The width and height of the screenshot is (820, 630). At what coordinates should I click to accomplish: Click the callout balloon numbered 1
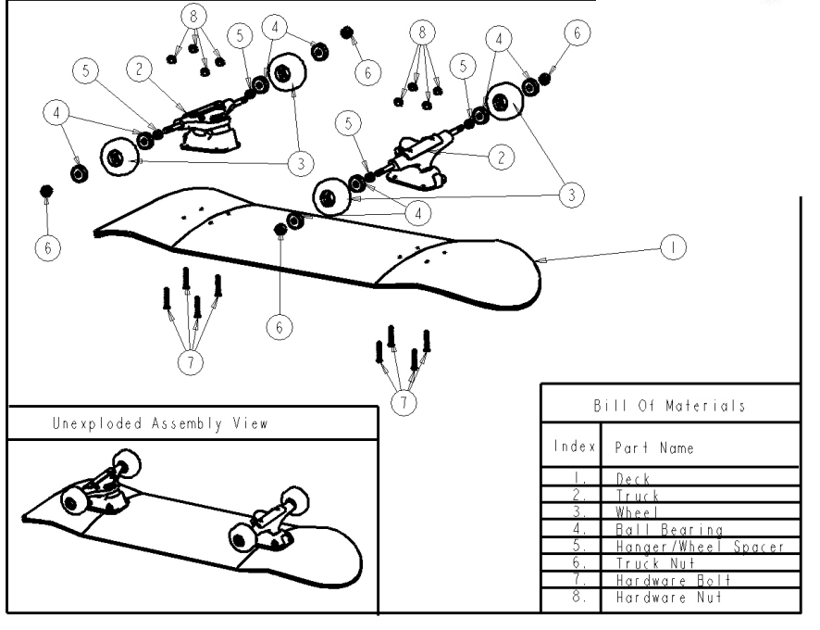point(673,246)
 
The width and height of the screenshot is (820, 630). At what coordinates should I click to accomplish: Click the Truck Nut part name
point(654,562)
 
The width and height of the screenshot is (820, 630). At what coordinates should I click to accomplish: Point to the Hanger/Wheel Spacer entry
point(700,546)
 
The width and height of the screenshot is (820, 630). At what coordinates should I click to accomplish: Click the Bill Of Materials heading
point(670,406)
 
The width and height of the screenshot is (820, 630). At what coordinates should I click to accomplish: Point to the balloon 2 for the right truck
point(501,157)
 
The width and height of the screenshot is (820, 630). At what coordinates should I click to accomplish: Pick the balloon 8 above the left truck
point(193,16)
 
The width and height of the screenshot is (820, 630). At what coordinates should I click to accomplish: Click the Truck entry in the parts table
point(637,496)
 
